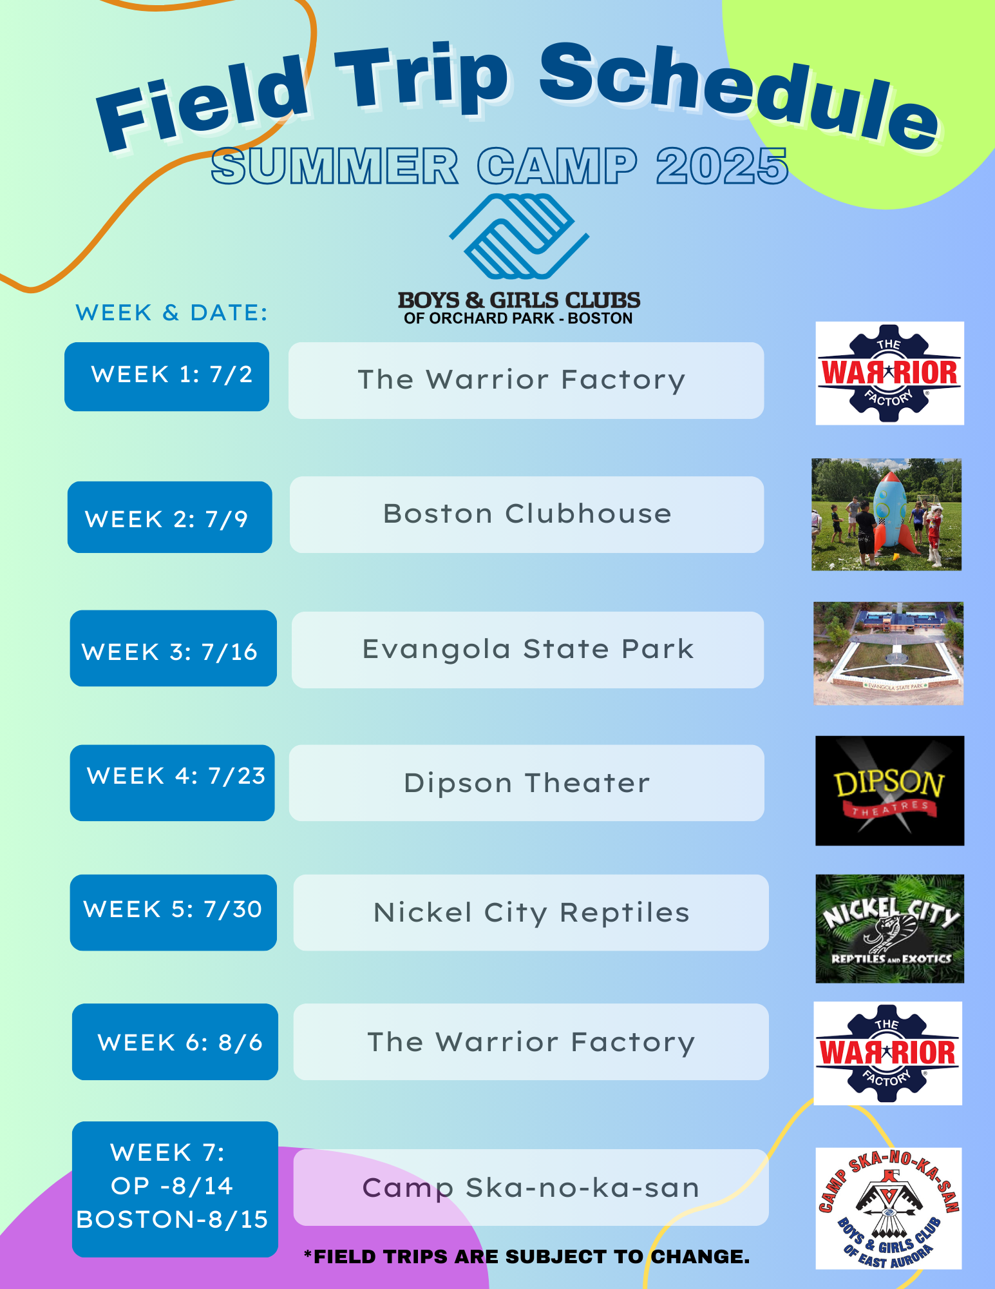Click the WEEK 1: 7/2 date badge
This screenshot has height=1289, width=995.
(x=167, y=376)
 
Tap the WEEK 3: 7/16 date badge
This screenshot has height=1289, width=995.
(x=173, y=648)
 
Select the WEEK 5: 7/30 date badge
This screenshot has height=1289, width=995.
(x=173, y=913)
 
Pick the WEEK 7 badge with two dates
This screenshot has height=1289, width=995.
(x=175, y=1189)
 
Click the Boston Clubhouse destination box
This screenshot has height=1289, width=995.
(x=527, y=514)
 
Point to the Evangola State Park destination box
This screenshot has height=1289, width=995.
(x=528, y=650)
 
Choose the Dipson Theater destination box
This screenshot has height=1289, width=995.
(x=527, y=783)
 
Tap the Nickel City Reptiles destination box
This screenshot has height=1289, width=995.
(x=531, y=913)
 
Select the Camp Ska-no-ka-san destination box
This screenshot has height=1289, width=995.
(x=531, y=1187)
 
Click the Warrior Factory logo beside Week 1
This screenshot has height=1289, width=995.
(x=889, y=373)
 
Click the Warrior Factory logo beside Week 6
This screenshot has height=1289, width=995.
(x=888, y=1053)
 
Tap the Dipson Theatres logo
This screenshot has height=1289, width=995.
(x=889, y=791)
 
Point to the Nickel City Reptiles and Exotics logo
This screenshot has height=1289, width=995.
(x=889, y=929)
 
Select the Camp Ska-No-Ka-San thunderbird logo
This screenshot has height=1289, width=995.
(x=889, y=1208)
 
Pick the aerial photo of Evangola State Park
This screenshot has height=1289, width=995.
(x=889, y=654)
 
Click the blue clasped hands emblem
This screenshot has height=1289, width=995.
(x=519, y=236)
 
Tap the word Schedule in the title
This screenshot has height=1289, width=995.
(x=739, y=95)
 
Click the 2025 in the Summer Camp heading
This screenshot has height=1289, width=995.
(x=723, y=166)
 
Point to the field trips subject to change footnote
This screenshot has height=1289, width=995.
(x=527, y=1256)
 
